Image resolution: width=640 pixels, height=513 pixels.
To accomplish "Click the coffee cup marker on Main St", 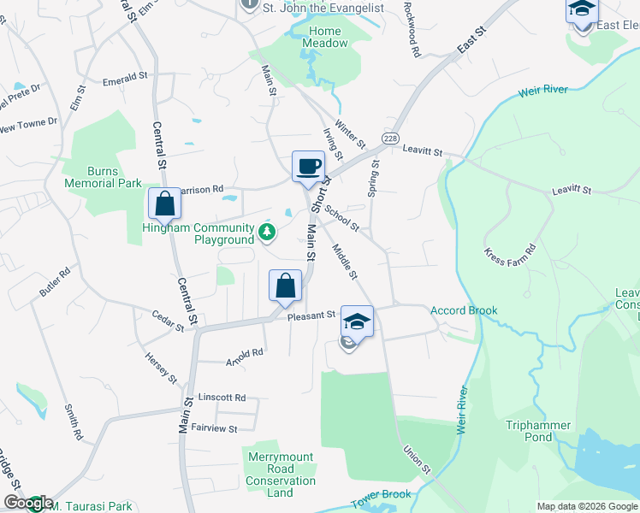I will (x=308, y=166).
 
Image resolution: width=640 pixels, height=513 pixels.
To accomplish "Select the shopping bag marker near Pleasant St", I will (x=286, y=286).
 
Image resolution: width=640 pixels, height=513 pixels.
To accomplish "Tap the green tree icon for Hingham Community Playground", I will (x=268, y=231).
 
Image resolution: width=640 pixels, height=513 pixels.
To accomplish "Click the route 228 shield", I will (x=390, y=139).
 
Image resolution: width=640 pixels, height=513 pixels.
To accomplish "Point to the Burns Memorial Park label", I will (x=103, y=177).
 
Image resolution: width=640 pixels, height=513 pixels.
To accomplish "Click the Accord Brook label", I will (x=463, y=310).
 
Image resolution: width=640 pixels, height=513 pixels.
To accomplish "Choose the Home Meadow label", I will (x=325, y=38).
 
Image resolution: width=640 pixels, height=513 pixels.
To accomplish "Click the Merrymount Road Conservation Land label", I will (x=281, y=475).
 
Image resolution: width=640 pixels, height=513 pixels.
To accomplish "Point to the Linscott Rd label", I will (x=222, y=398).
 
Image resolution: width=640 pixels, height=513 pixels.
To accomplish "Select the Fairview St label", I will (x=214, y=427).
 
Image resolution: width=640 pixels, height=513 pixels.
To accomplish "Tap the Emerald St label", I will (x=125, y=77).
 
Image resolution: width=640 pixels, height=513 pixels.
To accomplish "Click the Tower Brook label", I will (x=382, y=494).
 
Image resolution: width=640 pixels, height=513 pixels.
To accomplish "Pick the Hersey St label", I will (x=160, y=368).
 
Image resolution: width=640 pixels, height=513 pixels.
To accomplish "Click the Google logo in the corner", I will (x=28, y=503).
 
